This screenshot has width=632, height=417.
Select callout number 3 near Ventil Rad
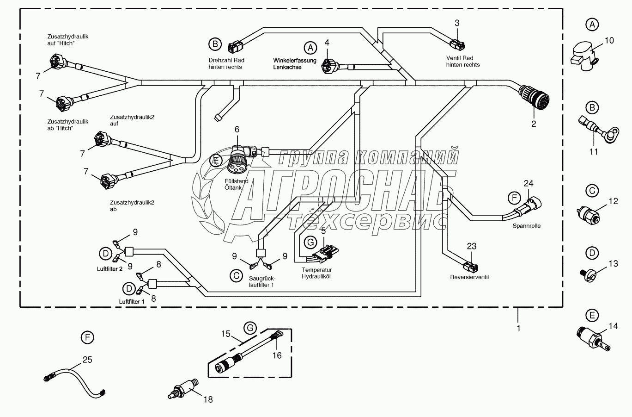point(457,23)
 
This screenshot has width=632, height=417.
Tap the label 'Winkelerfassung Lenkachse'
point(295,64)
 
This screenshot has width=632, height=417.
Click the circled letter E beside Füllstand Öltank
point(215,161)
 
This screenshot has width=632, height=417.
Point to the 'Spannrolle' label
point(526,226)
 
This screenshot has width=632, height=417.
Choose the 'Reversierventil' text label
point(469,277)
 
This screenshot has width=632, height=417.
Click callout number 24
point(528,184)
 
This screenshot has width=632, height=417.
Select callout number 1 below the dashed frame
point(518,328)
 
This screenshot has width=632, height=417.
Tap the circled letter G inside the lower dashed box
point(250,328)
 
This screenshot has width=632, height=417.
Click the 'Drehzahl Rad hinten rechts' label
point(226,63)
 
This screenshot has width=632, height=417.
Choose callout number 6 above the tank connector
point(237,129)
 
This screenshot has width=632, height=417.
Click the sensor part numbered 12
point(589,214)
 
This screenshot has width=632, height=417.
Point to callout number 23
point(471,246)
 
